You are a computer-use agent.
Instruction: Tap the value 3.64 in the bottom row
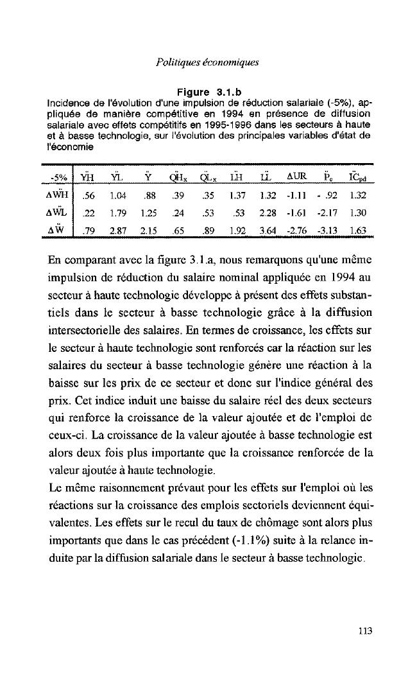tap(268, 231)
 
